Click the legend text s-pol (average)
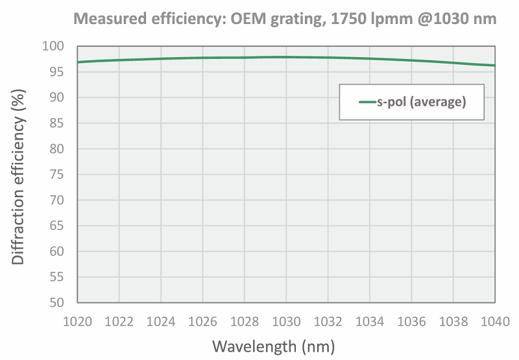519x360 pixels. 422,102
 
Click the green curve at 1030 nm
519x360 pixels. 286,57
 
